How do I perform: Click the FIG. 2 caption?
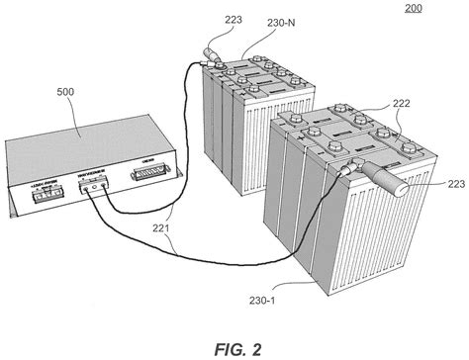point(234,342)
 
